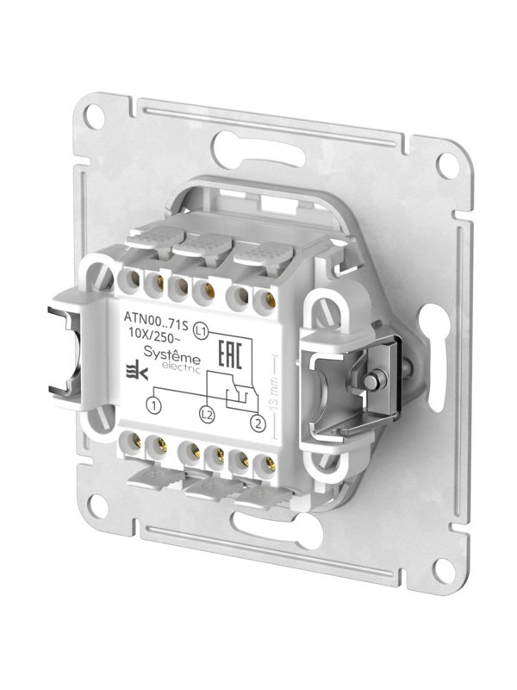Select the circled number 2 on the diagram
256,423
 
